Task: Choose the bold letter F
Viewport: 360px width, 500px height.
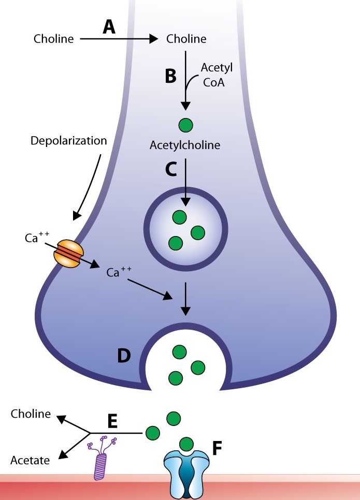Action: click(x=218, y=446)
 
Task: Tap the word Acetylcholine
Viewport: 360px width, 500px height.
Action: click(x=185, y=145)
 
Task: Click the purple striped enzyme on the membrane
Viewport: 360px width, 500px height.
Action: click(x=102, y=462)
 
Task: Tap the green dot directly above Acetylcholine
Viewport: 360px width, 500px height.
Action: click(x=185, y=125)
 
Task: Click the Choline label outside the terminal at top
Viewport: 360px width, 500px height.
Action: click(x=54, y=39)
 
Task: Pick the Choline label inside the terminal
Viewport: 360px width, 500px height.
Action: click(x=186, y=39)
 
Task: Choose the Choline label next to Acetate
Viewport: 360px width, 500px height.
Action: click(x=31, y=414)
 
